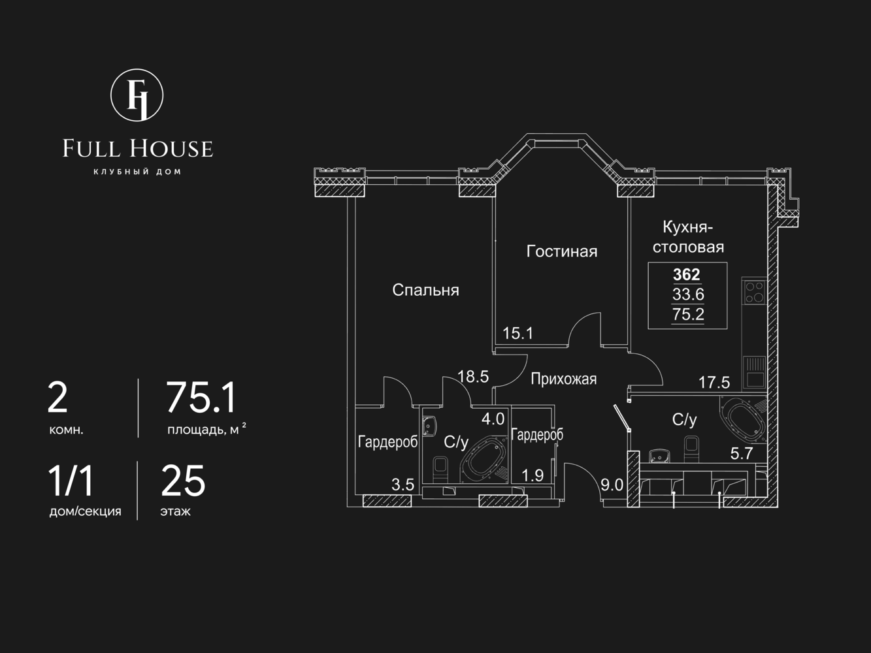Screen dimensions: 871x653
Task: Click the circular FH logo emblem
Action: [137, 95]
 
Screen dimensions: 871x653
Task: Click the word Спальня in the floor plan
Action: [425, 290]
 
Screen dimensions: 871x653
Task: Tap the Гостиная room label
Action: [562, 251]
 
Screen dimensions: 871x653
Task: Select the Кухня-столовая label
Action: [689, 237]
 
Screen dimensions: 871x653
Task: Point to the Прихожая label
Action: [564, 379]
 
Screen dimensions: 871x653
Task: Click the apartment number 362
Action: [687, 274]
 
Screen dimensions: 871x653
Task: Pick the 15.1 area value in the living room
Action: [518, 334]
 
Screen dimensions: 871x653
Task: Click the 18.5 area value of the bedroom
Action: [473, 376]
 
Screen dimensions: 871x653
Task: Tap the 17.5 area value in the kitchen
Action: [714, 382]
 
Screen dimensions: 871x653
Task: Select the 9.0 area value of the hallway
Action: [612, 485]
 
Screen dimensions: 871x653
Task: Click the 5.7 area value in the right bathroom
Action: [742, 453]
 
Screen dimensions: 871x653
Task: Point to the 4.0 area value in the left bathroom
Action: [493, 419]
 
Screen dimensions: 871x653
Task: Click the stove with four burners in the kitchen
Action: [754, 292]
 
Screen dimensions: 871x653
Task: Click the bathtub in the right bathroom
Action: [744, 420]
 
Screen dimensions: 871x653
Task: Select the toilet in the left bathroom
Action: [440, 470]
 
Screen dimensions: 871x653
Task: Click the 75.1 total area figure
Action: [202, 397]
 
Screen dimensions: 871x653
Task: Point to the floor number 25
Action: [183, 481]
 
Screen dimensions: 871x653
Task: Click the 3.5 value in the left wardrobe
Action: [403, 485]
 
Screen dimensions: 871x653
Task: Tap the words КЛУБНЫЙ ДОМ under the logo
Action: [137, 172]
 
